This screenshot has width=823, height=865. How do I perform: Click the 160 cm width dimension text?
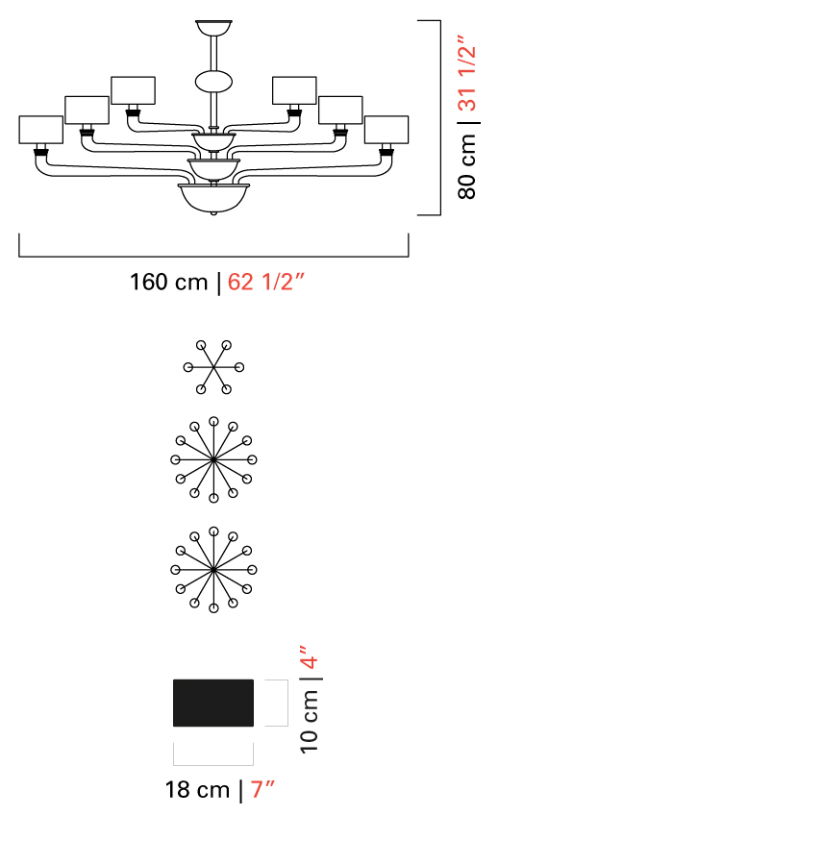[x=168, y=282]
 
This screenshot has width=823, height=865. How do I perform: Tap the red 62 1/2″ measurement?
[x=265, y=282]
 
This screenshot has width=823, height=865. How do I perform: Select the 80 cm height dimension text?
[x=466, y=166]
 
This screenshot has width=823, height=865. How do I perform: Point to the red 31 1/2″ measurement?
[x=466, y=73]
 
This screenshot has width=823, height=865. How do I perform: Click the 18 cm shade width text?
[x=197, y=789]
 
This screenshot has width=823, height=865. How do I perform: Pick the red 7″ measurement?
[x=262, y=789]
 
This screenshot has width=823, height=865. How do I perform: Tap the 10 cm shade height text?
[x=310, y=721]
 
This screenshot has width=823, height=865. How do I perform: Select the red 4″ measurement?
[x=310, y=656]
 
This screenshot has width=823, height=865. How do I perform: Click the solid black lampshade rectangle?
[x=213, y=703]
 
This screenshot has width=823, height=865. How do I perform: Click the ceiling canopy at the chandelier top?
[x=213, y=28]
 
